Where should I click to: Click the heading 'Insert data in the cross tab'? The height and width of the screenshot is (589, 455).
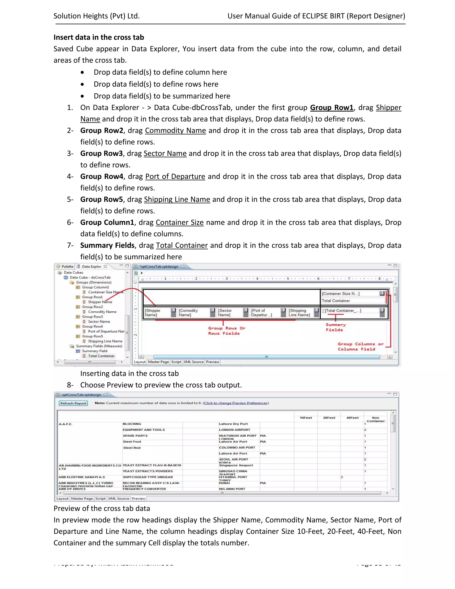[99, 37]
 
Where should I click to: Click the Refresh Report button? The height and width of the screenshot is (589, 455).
[73, 403]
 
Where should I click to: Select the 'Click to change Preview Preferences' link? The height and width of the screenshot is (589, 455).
[235, 403]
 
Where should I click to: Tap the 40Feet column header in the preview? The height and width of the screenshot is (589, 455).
[352, 418]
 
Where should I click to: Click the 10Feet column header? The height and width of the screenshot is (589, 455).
[306, 418]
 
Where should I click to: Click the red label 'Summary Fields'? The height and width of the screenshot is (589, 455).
[335, 327]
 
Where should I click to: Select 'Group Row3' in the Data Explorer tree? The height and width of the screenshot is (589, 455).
[92, 317]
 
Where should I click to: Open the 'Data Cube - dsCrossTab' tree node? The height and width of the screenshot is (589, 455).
[90, 277]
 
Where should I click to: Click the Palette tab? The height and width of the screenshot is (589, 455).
[67, 266]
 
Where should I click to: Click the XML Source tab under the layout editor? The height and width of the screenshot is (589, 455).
[193, 362]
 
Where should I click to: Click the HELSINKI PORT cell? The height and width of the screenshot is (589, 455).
[232, 489]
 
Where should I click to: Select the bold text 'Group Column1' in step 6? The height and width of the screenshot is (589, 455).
[107, 222]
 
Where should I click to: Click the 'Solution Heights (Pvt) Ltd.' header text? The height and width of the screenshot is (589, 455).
[96, 16]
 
